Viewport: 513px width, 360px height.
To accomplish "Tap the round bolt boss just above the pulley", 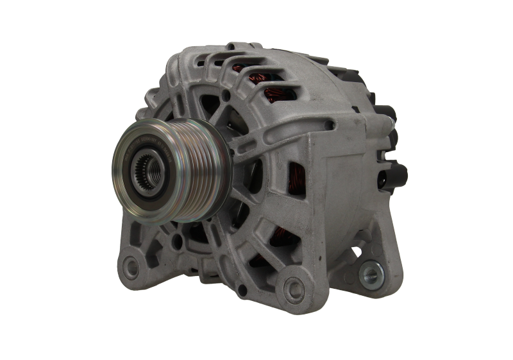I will pyautogui.click(x=224, y=95).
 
